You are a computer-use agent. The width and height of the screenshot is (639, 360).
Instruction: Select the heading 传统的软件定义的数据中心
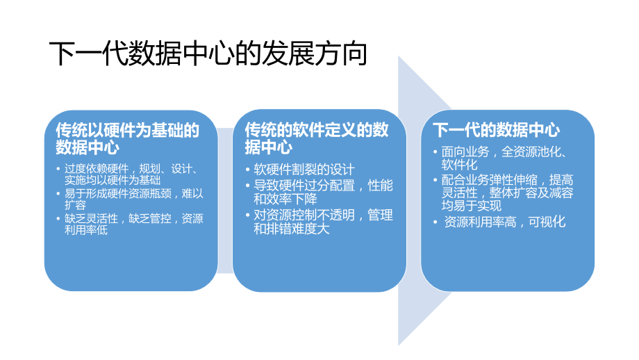[316, 138]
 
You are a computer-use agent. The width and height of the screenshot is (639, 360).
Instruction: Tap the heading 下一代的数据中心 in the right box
[496, 130]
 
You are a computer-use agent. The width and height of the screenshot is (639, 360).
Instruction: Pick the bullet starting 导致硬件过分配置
[322, 186]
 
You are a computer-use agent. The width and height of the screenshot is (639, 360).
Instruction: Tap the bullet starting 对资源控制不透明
[322, 215]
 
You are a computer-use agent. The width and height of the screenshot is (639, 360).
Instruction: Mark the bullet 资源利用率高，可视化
[506, 222]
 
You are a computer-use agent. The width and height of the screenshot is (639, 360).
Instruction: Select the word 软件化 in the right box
[460, 164]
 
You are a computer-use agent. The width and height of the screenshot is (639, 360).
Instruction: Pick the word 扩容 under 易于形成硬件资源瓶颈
[75, 206]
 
